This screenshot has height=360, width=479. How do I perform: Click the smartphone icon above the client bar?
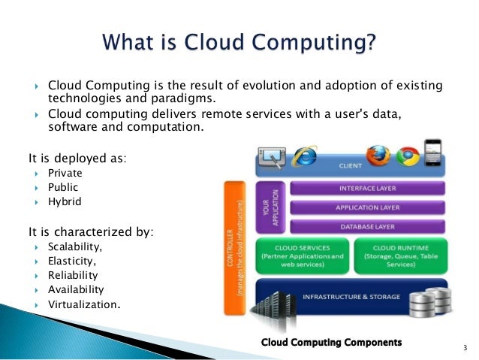click(x=433, y=153)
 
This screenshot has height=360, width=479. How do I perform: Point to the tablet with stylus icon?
click(x=271, y=157)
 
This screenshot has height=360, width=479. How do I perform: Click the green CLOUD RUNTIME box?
click(x=399, y=254)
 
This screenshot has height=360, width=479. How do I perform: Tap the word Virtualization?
click(x=83, y=304)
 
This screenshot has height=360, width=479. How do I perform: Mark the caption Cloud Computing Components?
click(x=331, y=342)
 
